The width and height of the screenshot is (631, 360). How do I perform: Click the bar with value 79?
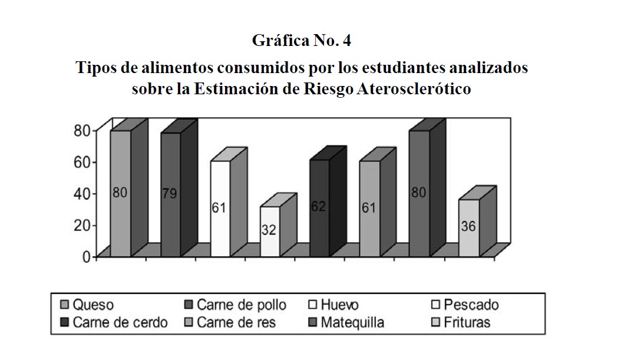(170, 194)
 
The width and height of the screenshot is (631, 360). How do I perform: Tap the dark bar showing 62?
(319, 208)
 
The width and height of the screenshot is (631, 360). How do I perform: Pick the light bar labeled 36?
(468, 227)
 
